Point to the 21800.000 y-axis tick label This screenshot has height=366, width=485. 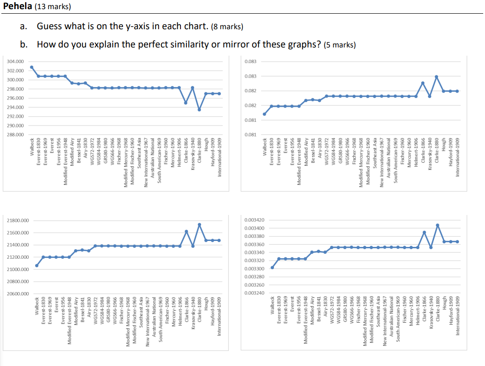pos(17,221)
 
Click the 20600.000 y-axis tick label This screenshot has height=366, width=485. pos(17,294)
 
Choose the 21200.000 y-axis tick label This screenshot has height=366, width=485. pos(17,257)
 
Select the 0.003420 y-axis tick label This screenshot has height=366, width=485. pos(254,220)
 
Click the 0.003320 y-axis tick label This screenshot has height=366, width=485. pos(254,261)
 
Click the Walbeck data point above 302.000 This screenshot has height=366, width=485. pos(31,67)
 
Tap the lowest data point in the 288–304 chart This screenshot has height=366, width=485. pos(199,110)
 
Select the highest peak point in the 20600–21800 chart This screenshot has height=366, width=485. pos(199,225)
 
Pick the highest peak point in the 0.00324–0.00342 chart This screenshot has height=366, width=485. pos(437,225)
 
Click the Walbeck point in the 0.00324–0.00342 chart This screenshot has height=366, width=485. pos(272,267)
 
